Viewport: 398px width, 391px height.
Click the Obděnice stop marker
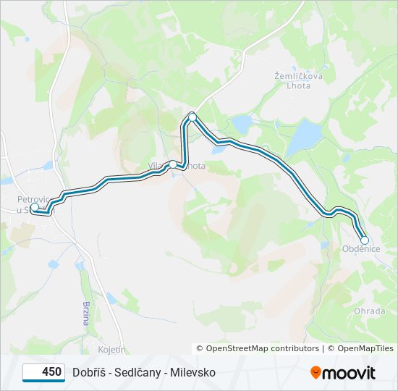[x=365, y=240]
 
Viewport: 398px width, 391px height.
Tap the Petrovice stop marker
[x=34, y=207]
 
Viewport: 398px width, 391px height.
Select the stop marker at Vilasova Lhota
[x=173, y=164]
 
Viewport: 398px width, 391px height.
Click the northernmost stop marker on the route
[x=192, y=117]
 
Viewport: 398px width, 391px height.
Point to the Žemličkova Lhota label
[x=293, y=80]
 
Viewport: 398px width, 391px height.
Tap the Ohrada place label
[x=368, y=311]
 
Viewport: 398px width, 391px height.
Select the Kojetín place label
[x=112, y=350]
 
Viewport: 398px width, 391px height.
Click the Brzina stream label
[x=85, y=312]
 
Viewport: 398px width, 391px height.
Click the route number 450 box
[x=44, y=372]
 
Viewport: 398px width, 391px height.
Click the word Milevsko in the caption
[x=193, y=372]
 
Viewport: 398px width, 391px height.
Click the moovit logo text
[x=350, y=373]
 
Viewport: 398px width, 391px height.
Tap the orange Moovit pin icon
[x=316, y=373]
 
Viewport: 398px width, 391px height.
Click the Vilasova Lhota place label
[x=178, y=166]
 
